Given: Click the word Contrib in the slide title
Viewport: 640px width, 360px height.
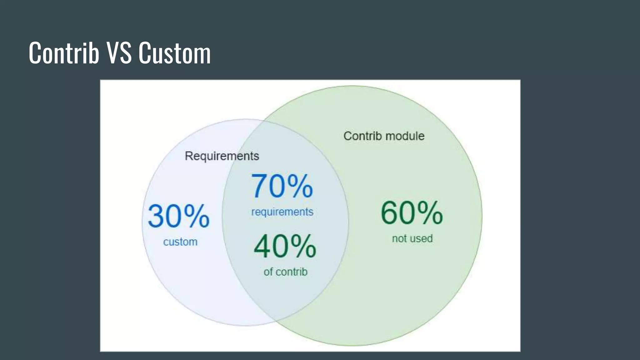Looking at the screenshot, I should pyautogui.click(x=64, y=53).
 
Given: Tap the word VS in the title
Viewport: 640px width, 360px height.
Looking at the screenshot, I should pyautogui.click(x=119, y=53).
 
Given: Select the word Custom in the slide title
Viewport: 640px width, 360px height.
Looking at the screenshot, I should pyautogui.click(x=175, y=53).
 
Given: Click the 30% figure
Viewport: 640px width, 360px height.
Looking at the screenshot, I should pyautogui.click(x=178, y=216).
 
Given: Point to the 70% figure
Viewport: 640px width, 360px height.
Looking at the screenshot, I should pyautogui.click(x=282, y=187).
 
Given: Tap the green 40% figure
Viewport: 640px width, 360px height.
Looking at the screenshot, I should pyautogui.click(x=285, y=247).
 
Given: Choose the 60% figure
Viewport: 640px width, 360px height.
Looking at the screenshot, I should pyautogui.click(x=412, y=213).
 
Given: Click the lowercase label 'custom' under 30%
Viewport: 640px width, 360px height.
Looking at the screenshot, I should pyautogui.click(x=180, y=242).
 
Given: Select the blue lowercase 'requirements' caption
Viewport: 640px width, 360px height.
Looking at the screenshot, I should pyautogui.click(x=282, y=212).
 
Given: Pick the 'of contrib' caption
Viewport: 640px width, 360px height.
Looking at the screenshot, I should pyautogui.click(x=286, y=272).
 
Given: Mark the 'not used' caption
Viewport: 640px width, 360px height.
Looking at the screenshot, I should pyautogui.click(x=412, y=239).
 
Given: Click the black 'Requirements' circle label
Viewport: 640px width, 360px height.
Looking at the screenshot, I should pyautogui.click(x=222, y=156).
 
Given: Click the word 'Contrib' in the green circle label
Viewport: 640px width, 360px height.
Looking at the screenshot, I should pyautogui.click(x=362, y=136).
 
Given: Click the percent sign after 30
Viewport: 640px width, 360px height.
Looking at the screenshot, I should pyautogui.click(x=197, y=216).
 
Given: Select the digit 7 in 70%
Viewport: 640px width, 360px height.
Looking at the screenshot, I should pyautogui.click(x=259, y=187).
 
